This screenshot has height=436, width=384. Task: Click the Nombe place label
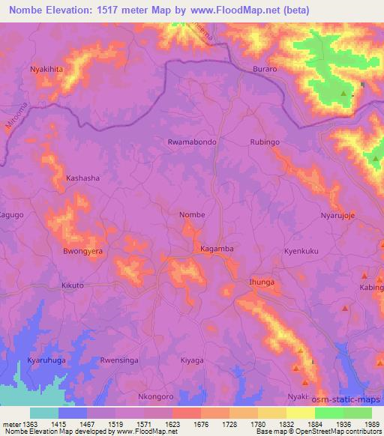(192, 215)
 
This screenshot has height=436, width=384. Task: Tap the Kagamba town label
(217, 248)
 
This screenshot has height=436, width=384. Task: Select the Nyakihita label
(46, 69)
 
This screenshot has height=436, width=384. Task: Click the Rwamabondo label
(193, 142)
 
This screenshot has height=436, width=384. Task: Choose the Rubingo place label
(265, 142)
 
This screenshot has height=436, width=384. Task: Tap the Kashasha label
(82, 178)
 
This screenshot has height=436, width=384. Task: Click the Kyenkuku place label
(302, 252)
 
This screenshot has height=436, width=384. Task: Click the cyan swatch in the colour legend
(44, 413)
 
